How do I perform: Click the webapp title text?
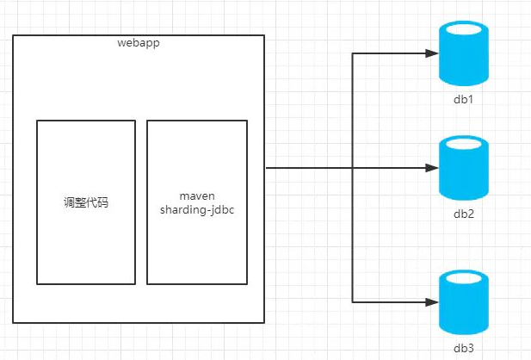pos(138,43)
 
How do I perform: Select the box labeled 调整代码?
pos(86,250)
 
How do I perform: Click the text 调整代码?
pos(86,203)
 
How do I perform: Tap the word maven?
pos(196,196)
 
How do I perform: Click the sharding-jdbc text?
pos(196,210)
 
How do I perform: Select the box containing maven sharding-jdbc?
pos(196,250)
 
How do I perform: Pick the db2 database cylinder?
pos(464,172)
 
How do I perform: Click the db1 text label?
pos(464,100)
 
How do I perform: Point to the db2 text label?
pos(464,214)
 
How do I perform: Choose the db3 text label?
pos(464,347)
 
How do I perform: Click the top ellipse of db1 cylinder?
pos(464,30)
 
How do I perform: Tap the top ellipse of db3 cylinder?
pos(464,278)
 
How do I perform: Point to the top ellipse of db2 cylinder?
pos(464,144)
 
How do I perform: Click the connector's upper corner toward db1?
pos(353,53)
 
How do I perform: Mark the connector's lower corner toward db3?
pos(353,301)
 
